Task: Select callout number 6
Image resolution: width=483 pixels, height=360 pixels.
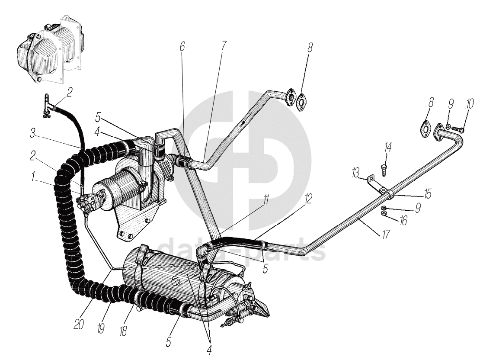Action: pyautogui.click(x=182, y=47)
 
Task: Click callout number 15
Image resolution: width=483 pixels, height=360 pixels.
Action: pyautogui.click(x=428, y=194)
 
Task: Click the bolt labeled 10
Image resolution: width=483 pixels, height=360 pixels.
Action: pyautogui.click(x=459, y=129)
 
